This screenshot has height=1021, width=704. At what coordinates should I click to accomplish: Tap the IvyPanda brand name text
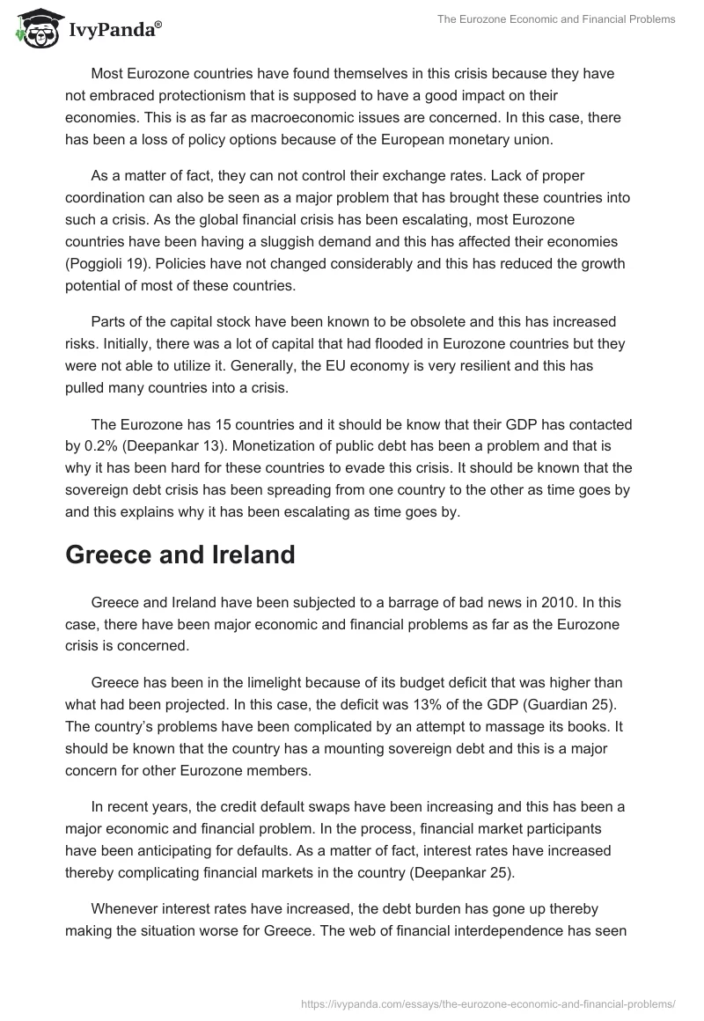point(114,31)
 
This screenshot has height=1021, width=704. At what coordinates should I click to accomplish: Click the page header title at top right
point(556,19)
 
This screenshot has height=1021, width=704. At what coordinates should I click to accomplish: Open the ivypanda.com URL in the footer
point(488,1003)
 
